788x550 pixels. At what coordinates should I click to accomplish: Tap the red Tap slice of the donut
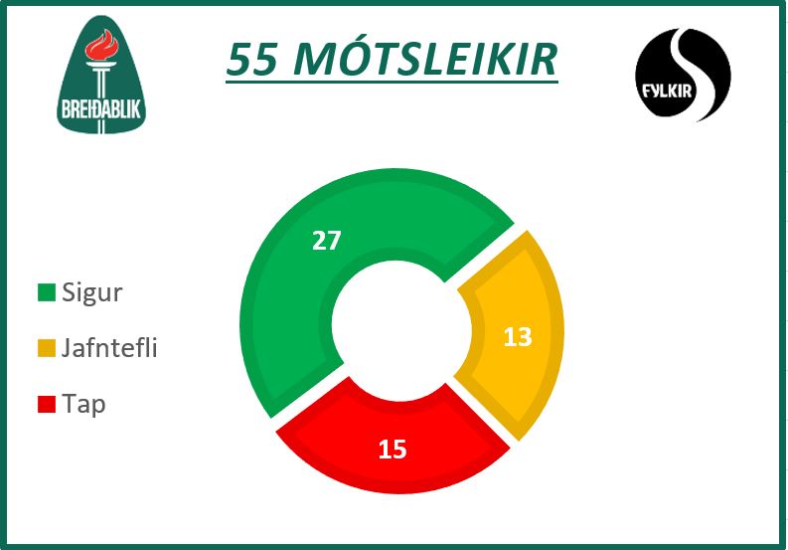[397, 443]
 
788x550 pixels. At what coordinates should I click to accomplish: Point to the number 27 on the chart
[327, 240]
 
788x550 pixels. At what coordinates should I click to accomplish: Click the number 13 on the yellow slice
[518, 336]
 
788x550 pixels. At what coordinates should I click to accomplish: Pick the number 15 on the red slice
[393, 449]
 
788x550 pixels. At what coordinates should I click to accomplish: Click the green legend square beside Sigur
[47, 292]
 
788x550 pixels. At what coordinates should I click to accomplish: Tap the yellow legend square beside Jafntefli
[47, 348]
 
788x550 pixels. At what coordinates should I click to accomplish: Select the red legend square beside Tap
[47, 404]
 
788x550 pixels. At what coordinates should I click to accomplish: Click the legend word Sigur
[92, 292]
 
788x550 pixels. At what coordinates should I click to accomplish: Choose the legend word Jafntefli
[109, 347]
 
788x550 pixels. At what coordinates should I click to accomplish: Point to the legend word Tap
[83, 405]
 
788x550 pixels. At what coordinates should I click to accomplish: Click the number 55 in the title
[251, 59]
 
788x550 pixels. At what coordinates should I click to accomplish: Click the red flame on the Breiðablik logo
[102, 46]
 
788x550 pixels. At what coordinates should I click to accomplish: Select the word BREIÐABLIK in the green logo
[101, 108]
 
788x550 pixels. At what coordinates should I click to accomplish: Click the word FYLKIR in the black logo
[667, 92]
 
